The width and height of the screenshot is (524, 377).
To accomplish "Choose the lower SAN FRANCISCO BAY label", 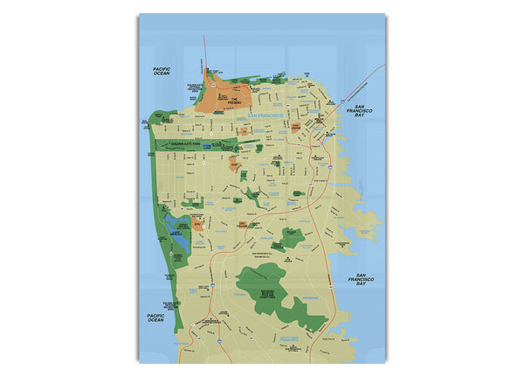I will point(355,281).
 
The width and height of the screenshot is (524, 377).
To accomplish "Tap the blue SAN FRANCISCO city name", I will point(265,116).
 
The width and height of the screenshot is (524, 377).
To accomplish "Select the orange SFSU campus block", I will point(197,225).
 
